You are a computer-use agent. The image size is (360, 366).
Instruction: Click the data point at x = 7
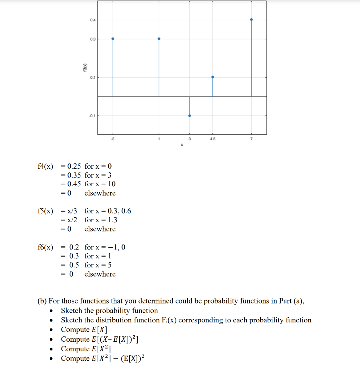[251, 19]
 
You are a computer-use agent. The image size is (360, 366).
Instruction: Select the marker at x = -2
[113, 39]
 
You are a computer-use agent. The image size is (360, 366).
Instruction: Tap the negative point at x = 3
[189, 115]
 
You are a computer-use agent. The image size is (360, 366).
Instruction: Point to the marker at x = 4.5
[213, 77]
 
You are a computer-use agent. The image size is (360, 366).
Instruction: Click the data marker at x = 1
[159, 39]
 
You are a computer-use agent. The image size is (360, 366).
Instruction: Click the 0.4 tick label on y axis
[93, 20]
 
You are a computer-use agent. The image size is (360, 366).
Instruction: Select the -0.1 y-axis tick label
[92, 116]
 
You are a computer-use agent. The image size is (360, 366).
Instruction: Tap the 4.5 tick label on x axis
[213, 139]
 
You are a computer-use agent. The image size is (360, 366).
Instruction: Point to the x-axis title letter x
[182, 145]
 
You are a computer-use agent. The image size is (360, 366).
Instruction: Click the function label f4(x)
[45, 166]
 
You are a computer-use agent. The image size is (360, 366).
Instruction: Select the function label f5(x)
[45, 211]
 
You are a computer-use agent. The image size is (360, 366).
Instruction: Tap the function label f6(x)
[45, 247]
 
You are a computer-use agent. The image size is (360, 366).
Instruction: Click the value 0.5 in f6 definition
[74, 265]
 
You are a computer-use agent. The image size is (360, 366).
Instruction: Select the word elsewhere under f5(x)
[100, 229]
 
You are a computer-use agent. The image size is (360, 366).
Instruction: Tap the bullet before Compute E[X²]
[53, 349]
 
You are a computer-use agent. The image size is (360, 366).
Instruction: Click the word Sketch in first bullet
[71, 311]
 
